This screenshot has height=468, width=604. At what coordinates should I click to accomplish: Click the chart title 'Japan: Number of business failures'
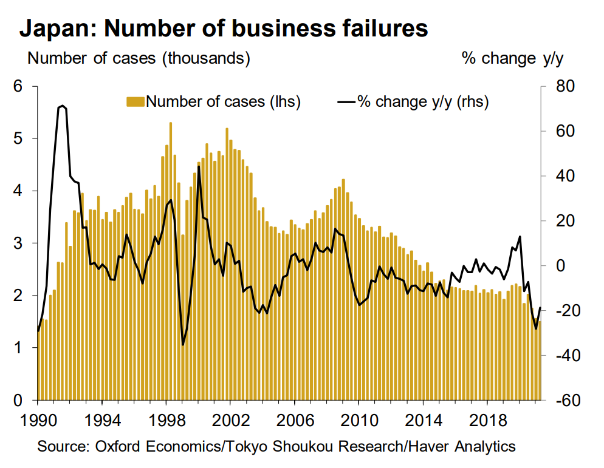(224, 28)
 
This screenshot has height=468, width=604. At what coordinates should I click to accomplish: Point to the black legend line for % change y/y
(345, 101)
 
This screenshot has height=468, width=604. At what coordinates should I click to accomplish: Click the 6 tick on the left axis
(18, 86)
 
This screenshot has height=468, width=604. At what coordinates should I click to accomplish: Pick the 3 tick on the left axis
(18, 243)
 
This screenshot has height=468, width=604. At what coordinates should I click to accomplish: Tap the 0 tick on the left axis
(18, 401)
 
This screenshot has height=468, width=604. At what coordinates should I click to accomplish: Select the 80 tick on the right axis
(565, 86)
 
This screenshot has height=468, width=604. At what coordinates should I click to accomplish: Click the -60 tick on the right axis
(562, 401)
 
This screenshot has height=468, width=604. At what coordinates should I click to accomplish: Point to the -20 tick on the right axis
(562, 311)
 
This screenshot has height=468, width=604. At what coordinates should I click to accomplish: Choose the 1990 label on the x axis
(38, 419)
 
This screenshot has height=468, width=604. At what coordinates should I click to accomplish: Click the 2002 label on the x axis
(230, 419)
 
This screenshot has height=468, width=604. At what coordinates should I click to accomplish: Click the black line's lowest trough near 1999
(183, 345)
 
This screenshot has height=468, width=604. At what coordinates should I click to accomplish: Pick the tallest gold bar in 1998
(170, 123)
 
